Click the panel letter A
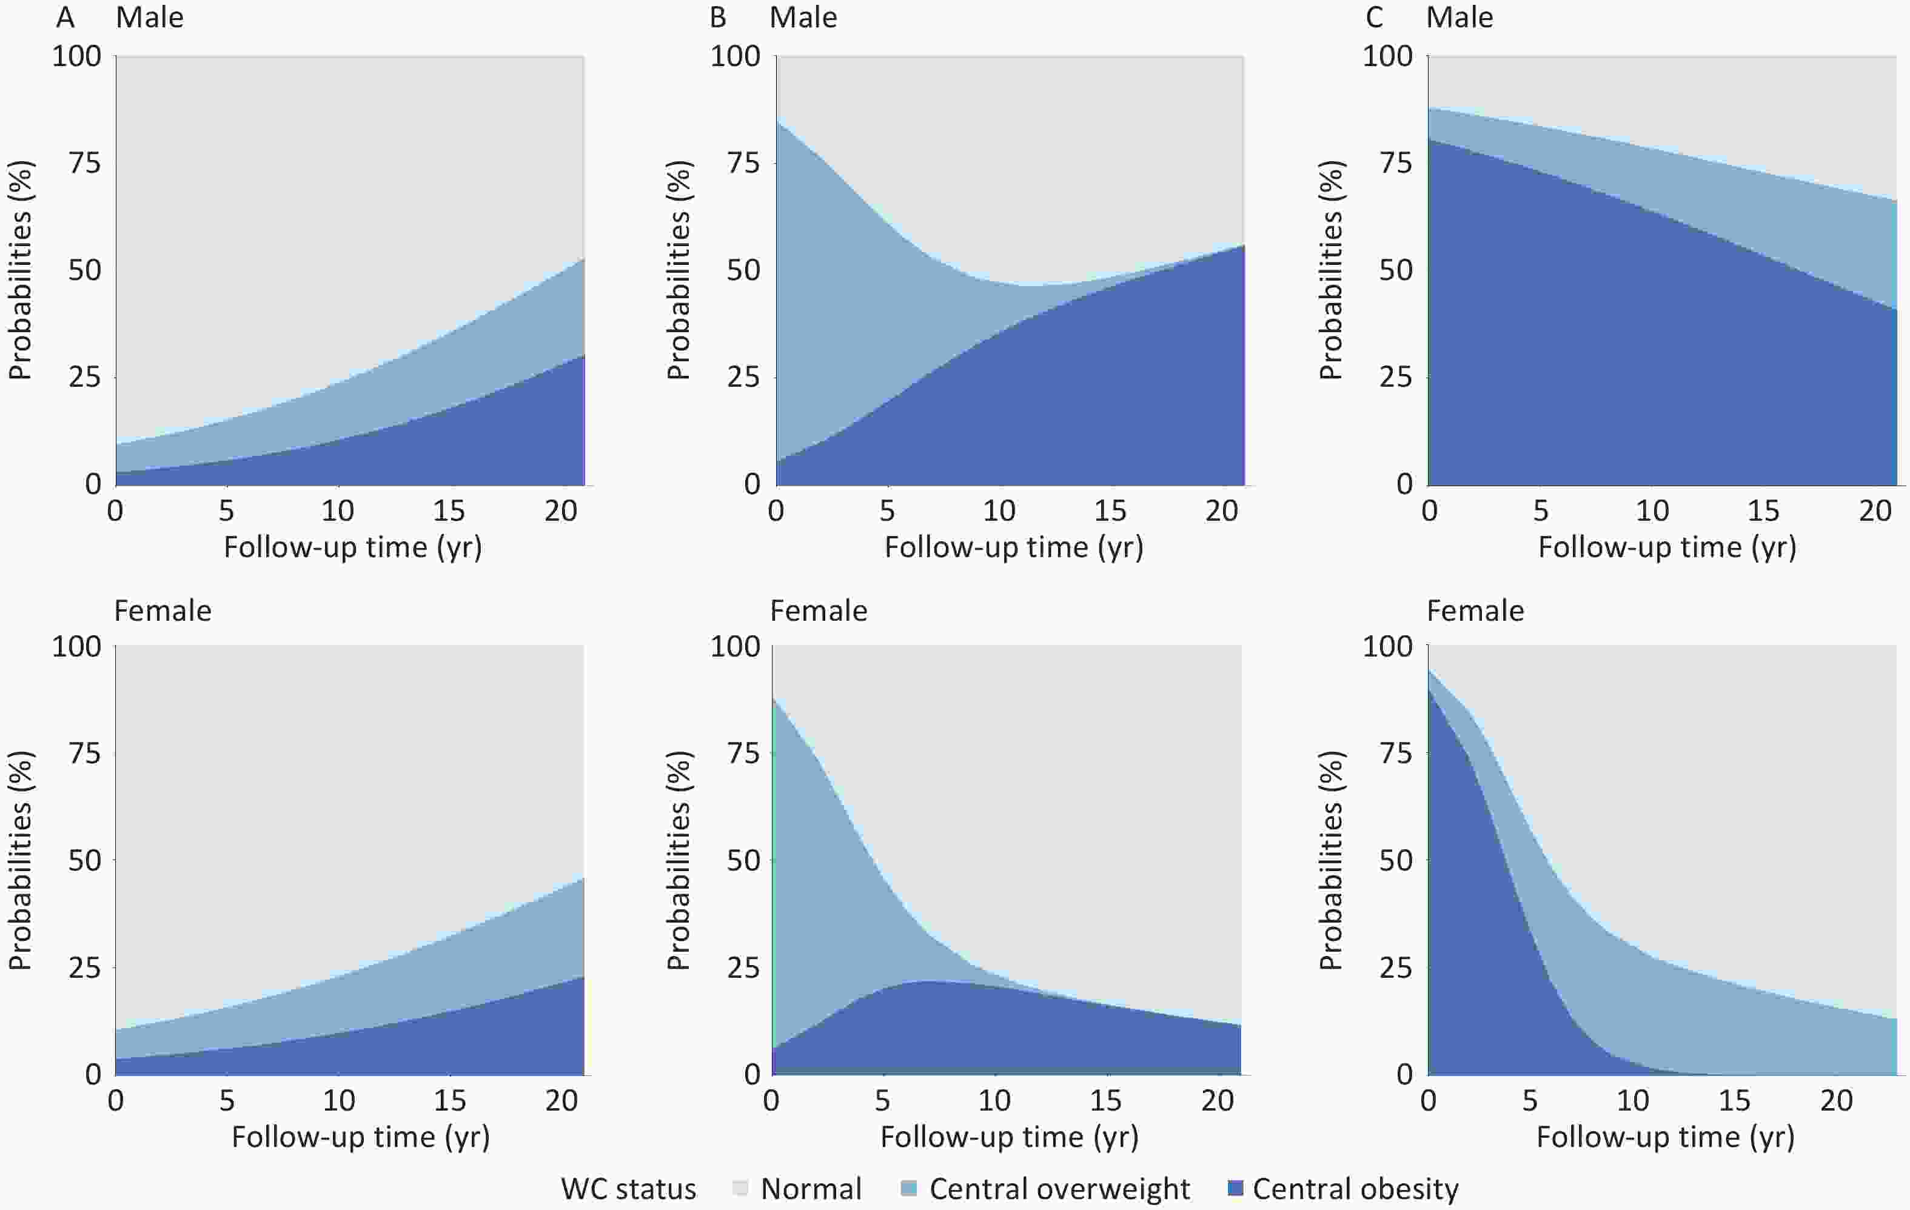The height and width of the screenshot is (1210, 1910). tap(66, 18)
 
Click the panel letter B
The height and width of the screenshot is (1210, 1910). tap(718, 18)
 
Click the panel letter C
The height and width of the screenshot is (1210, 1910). tap(1375, 18)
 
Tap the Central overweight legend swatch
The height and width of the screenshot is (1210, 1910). tap(909, 1188)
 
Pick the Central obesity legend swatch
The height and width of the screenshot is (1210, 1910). tap(1235, 1188)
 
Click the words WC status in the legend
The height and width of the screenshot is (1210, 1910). tap(628, 1189)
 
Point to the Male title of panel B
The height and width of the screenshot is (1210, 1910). tap(803, 18)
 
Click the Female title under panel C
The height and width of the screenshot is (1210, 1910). tap(1475, 610)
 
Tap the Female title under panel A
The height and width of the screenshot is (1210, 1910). tap(163, 610)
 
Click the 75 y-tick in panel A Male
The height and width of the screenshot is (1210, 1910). tap(85, 162)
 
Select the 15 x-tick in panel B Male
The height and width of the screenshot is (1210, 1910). tap(1110, 510)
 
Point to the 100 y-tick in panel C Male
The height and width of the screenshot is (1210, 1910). tap(1387, 56)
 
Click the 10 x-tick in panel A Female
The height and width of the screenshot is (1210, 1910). tap(339, 1100)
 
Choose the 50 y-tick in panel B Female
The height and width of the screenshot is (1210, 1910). tap(743, 860)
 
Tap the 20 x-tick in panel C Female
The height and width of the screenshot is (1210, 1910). tap(1836, 1100)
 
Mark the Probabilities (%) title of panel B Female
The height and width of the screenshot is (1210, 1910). tap(678, 860)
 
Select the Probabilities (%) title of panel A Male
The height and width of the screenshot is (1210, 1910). tap(21, 270)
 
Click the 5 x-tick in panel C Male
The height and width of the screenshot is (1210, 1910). tap(1540, 510)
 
